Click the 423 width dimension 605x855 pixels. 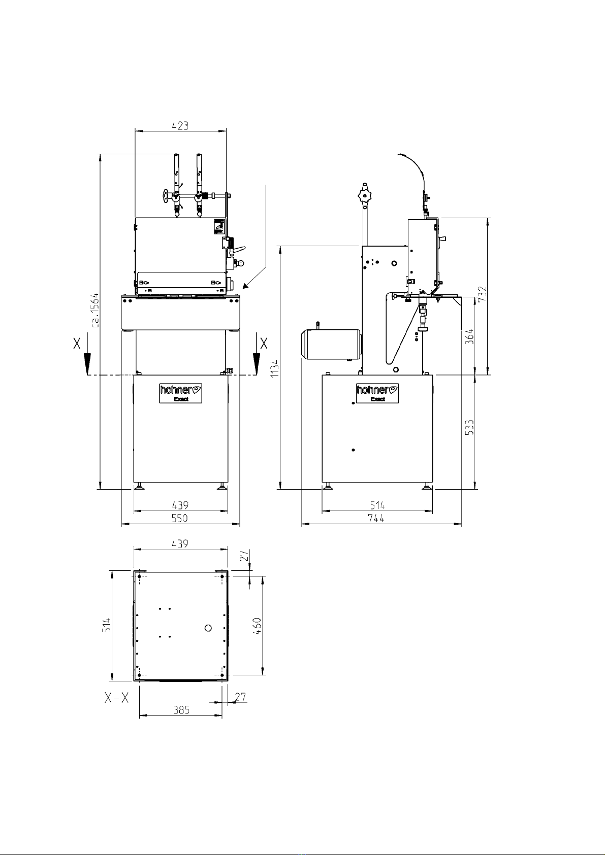coord(180,125)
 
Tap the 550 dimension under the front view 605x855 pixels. coord(180,518)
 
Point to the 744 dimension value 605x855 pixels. coord(376,518)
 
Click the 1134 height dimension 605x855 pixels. coord(274,369)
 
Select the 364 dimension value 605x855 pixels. coord(469,336)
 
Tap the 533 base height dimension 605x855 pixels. coord(469,427)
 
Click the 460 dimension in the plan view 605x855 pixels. coord(257,626)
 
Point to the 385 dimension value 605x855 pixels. coord(181,709)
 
